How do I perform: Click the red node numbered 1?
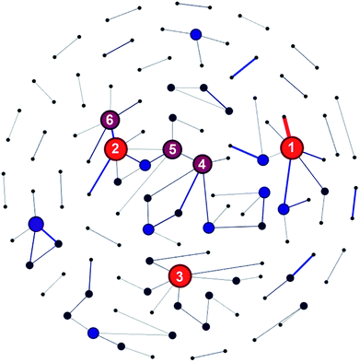pos(292,147)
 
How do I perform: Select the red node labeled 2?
pos(116,148)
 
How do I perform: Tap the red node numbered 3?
pos(180,274)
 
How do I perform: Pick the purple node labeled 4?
pos(202,164)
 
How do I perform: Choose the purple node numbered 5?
pos(171,148)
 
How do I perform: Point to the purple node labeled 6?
pos(110,120)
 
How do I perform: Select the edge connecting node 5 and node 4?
pos(186,156)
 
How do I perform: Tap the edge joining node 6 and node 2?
pos(112,134)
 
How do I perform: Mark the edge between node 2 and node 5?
pos(144,148)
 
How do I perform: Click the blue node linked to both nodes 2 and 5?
pos(145,165)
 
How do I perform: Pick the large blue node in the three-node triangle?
pos(36,224)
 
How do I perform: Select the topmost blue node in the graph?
pos(195,35)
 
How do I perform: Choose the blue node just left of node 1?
pos(264,159)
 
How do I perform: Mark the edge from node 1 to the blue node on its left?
pos(277,154)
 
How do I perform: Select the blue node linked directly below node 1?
pos(284,210)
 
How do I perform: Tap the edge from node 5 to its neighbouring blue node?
pos(158,157)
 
